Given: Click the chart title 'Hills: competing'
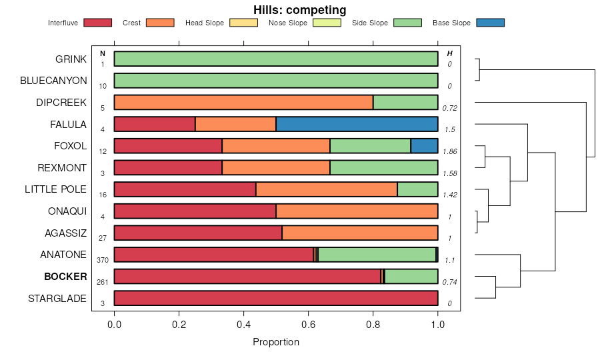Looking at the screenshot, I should [299, 10].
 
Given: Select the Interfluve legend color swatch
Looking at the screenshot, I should [98, 23].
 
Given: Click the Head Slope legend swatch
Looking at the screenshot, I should [243, 23].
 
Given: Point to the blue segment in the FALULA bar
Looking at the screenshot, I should [357, 124].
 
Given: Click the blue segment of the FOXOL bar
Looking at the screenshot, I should [424, 146].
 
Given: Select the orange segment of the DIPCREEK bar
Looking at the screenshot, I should [243, 102].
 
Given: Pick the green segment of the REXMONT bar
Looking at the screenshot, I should [383, 167].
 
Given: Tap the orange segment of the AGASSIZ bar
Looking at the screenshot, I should [359, 233].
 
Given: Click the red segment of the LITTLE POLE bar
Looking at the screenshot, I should [185, 189].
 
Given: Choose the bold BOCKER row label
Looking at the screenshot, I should [65, 277].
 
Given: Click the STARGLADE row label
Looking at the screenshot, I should [57, 299].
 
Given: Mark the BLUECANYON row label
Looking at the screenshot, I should [53, 81].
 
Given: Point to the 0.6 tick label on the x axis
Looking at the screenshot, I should [309, 325].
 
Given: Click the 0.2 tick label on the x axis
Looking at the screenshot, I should [179, 325].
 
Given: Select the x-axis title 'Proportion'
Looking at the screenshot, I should [276, 342].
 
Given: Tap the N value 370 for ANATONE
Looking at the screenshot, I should [103, 260].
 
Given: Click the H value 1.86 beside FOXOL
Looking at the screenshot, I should [450, 151].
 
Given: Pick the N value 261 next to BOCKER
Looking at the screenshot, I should [103, 282].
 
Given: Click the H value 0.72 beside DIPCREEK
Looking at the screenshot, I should [450, 108].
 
